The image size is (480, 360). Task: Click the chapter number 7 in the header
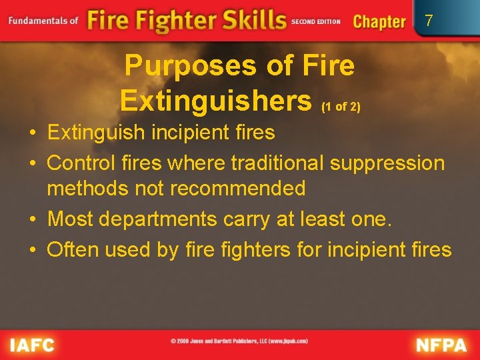point(429,21)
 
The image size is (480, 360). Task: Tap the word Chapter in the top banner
point(379,21)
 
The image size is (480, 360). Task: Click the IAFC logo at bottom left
point(32,345)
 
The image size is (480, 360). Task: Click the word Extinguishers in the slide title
point(216,101)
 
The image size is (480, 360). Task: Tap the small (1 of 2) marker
point(341,107)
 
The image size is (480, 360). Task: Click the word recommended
point(238,189)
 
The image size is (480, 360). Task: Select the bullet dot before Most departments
point(33,219)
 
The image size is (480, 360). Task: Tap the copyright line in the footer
point(239,341)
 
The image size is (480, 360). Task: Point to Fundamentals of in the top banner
point(43,21)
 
